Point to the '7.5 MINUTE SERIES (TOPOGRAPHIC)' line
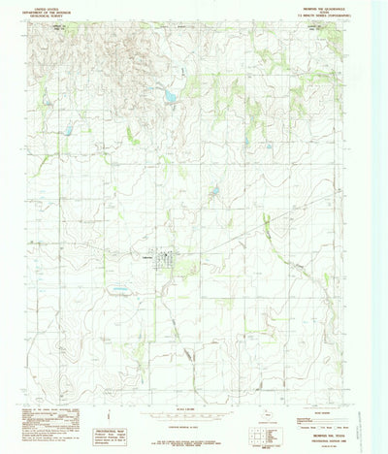coord(334,16)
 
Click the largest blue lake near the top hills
coord(170,96)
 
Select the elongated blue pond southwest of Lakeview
coord(118,289)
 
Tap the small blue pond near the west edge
coord(68,129)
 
